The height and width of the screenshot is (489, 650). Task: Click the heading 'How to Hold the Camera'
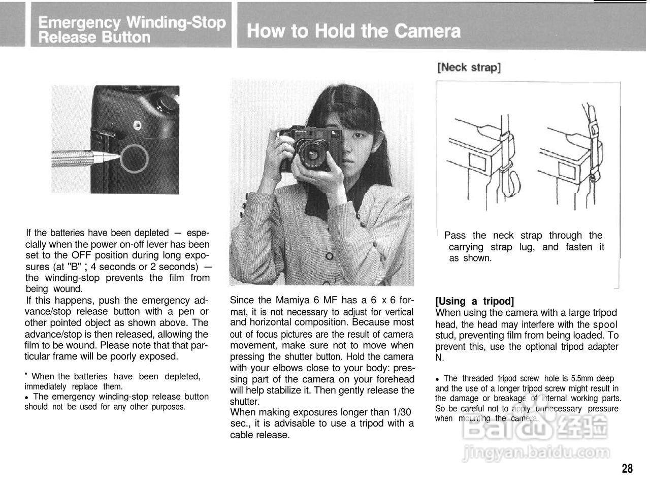point(353,31)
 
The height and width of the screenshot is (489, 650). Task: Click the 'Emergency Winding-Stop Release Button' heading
point(132,29)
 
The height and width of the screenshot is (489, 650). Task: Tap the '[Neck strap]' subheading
point(468,68)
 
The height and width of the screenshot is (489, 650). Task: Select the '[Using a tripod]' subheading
point(474,301)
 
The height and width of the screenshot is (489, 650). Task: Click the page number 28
point(627,468)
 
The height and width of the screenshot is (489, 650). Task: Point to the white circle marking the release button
point(135,158)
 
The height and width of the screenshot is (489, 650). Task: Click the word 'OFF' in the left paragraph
point(80,255)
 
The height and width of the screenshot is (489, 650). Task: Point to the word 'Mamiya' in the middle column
point(287,300)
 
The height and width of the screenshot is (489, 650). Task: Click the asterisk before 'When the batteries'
point(26,375)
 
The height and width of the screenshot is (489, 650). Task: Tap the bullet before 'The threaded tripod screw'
point(437,379)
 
